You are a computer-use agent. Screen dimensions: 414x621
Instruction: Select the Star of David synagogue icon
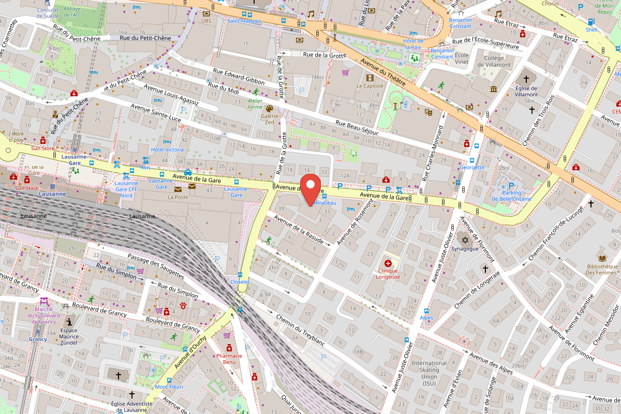(464, 240)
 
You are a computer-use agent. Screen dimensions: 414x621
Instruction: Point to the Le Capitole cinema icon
(369, 78)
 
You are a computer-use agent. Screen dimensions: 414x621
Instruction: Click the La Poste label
(178, 197)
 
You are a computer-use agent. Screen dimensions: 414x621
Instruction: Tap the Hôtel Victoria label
(167, 150)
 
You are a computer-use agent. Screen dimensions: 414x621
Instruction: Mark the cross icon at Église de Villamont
(526, 79)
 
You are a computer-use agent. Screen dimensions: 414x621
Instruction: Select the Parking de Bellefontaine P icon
(511, 186)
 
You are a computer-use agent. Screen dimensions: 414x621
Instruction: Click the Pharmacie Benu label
(229, 359)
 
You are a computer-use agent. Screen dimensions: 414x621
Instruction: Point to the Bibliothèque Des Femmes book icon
(602, 258)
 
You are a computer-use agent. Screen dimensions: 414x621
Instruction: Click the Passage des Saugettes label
(156, 267)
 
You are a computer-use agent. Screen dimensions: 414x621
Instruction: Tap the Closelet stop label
(240, 282)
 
